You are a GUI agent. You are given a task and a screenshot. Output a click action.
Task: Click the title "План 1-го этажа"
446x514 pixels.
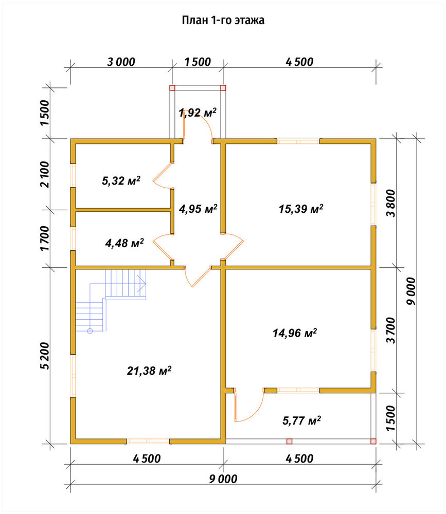click(x=223, y=21)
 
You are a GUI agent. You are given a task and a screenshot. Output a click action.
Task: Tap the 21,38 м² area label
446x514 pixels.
click(x=149, y=371)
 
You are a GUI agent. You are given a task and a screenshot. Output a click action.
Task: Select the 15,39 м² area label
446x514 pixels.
click(x=301, y=209)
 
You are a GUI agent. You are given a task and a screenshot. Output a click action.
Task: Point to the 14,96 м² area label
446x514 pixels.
click(x=295, y=333)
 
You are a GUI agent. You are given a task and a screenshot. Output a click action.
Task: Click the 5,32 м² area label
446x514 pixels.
click(x=121, y=180)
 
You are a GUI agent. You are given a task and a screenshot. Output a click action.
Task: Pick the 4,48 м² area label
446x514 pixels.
click(x=124, y=243)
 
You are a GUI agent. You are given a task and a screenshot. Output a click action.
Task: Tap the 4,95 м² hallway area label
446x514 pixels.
click(x=198, y=209)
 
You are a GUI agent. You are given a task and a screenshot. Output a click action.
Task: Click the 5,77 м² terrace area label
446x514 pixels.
click(x=301, y=420)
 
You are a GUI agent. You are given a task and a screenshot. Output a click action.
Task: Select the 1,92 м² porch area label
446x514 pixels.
click(x=198, y=113)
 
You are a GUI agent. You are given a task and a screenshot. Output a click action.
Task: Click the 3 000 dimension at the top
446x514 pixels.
click(x=121, y=62)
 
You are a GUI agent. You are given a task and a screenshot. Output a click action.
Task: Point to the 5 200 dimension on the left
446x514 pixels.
click(x=45, y=356)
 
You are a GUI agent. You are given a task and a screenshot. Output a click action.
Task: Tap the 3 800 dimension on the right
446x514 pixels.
click(x=390, y=203)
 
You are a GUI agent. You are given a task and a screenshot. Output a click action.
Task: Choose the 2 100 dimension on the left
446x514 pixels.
click(x=45, y=174)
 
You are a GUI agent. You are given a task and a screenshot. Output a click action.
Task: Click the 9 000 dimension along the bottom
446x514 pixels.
click(x=223, y=479)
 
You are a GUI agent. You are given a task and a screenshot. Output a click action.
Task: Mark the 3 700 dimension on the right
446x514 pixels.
click(x=390, y=330)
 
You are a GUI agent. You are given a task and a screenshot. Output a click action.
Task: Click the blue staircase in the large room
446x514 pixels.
click(x=111, y=300)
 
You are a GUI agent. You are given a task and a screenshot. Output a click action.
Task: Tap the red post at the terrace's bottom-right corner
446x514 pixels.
click(x=373, y=441)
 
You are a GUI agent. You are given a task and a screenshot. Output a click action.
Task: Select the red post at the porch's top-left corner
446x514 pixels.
click(x=172, y=88)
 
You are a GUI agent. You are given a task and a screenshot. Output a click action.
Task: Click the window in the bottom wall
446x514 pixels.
click(x=148, y=441)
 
